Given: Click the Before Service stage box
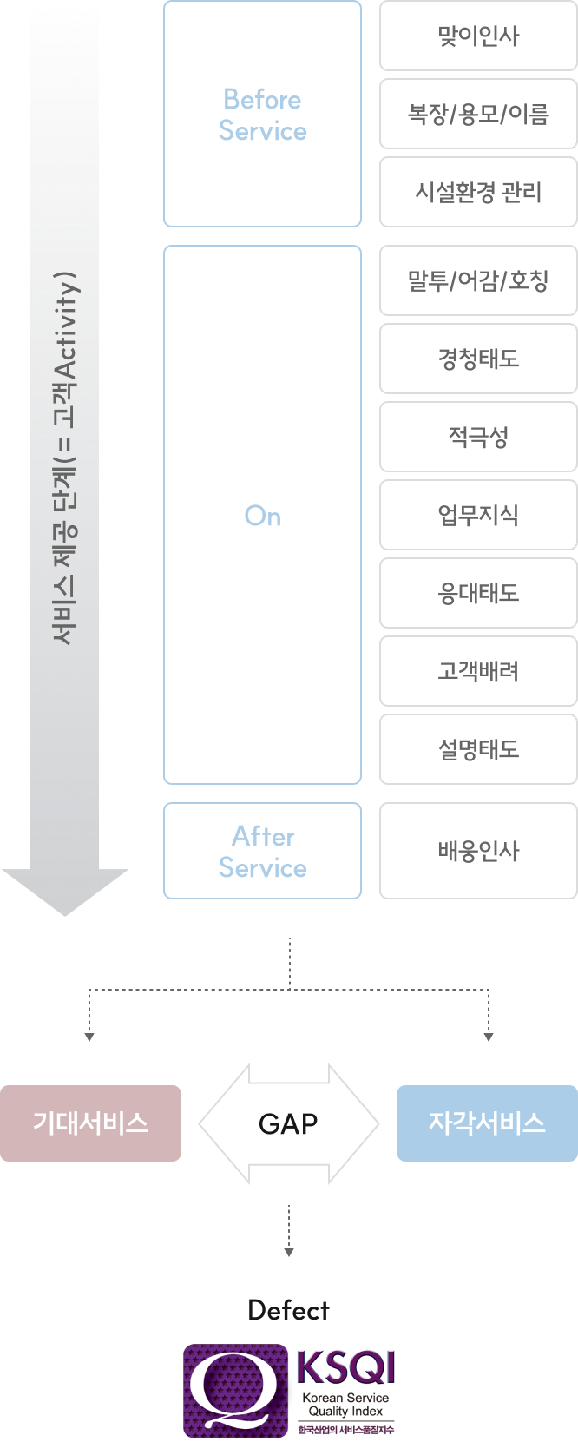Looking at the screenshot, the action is [262, 114].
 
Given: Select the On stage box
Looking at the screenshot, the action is [262, 515].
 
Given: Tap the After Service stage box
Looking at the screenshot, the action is [262, 851].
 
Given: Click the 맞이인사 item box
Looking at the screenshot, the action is [479, 36].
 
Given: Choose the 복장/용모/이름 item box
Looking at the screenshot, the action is [479, 114].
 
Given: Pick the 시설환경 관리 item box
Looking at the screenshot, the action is [479, 192].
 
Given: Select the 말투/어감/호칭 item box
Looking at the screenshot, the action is [479, 280].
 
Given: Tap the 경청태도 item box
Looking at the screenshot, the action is [479, 359].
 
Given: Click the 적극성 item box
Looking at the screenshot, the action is [479, 437].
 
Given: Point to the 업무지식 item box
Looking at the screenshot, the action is [479, 515].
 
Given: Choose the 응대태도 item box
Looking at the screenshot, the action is [479, 593].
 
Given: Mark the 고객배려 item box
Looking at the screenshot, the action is [479, 671].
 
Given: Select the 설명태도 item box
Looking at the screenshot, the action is [479, 749].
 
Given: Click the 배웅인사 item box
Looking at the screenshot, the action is [479, 851].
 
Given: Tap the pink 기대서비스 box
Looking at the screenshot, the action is [90, 1123].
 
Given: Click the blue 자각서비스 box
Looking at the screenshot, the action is [487, 1123].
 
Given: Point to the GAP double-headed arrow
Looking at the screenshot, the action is [289, 1123].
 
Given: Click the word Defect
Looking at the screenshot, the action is [288, 1310].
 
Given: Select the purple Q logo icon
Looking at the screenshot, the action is [235, 1390].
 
